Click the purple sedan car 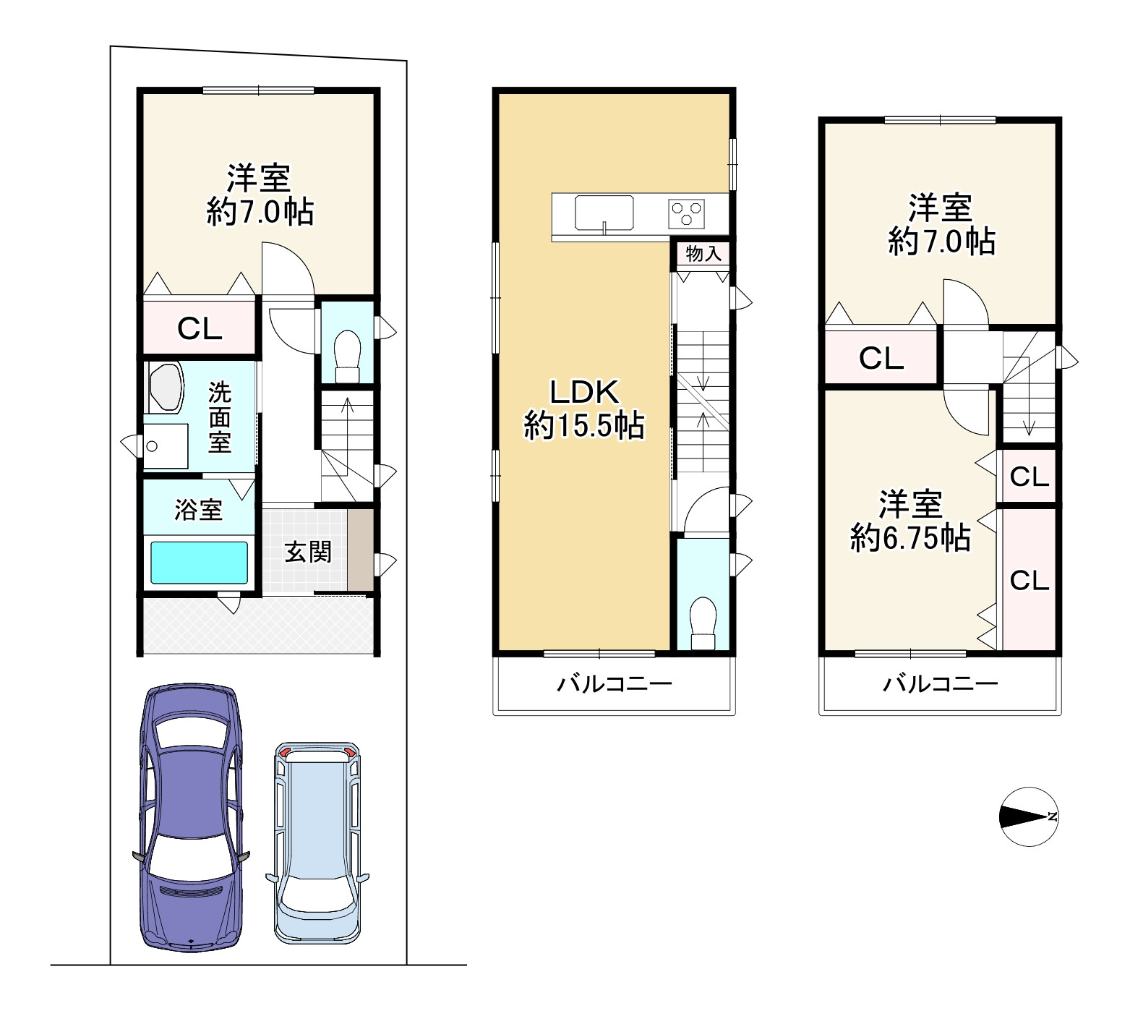pyautogui.click(x=192, y=817)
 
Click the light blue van pyautogui.click(x=317, y=842)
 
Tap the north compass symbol pyautogui.click(x=1030, y=816)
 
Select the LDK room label pyautogui.click(x=584, y=392)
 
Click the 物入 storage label pyautogui.click(x=703, y=254)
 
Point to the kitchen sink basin pyautogui.click(x=604, y=213)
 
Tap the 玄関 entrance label pyautogui.click(x=308, y=552)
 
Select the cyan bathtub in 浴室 pyautogui.click(x=200, y=563)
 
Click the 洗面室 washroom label pyautogui.click(x=220, y=417)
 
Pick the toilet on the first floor pyautogui.click(x=347, y=356)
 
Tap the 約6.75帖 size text pyautogui.click(x=910, y=538)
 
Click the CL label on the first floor pyautogui.click(x=200, y=329)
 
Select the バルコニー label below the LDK pyautogui.click(x=615, y=683)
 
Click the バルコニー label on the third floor pyautogui.click(x=941, y=683)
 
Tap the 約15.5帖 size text pyautogui.click(x=584, y=425)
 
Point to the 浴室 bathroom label pyautogui.click(x=198, y=510)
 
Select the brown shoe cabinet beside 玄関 pyautogui.click(x=361, y=550)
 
